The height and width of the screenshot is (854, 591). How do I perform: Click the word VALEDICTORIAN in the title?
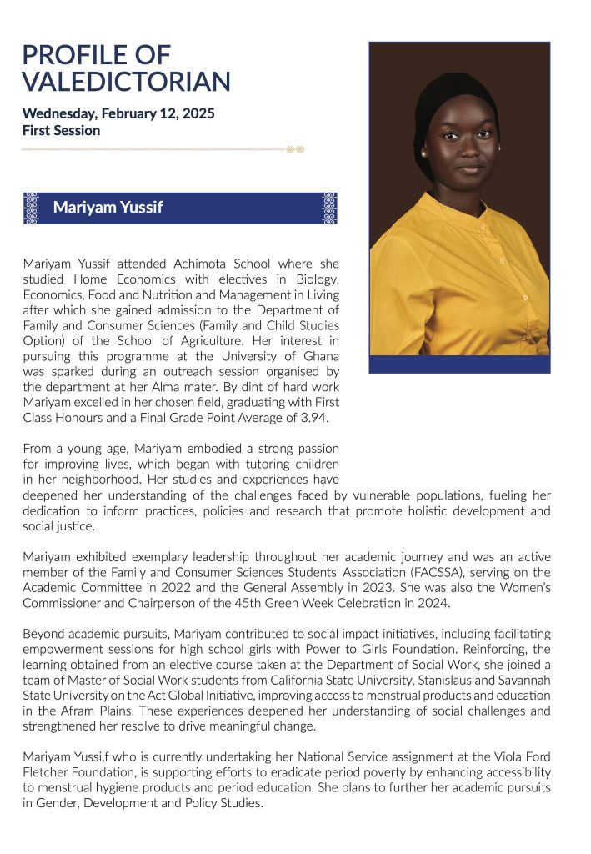click(126, 82)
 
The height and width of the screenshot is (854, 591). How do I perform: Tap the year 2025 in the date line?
click(198, 113)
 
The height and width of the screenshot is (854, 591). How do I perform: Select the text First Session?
click(61, 130)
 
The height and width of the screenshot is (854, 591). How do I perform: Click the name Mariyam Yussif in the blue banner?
click(108, 208)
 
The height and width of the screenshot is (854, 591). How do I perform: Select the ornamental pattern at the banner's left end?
click(32, 208)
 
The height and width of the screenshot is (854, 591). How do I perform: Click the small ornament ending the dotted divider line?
click(294, 149)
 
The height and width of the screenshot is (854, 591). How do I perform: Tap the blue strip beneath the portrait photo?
click(459, 364)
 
